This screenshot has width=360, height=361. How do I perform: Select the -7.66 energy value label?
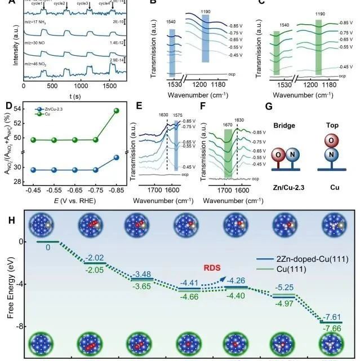(x=333, y=333)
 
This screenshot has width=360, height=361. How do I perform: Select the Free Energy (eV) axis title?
(x=10, y=287)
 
